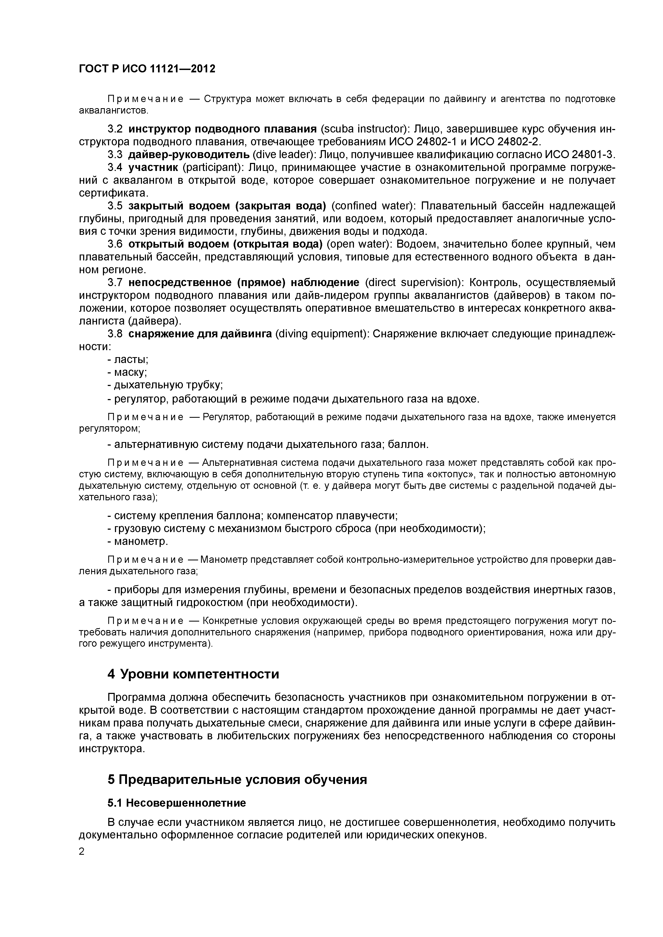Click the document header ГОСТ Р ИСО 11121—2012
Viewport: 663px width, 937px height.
[x=147, y=69]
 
